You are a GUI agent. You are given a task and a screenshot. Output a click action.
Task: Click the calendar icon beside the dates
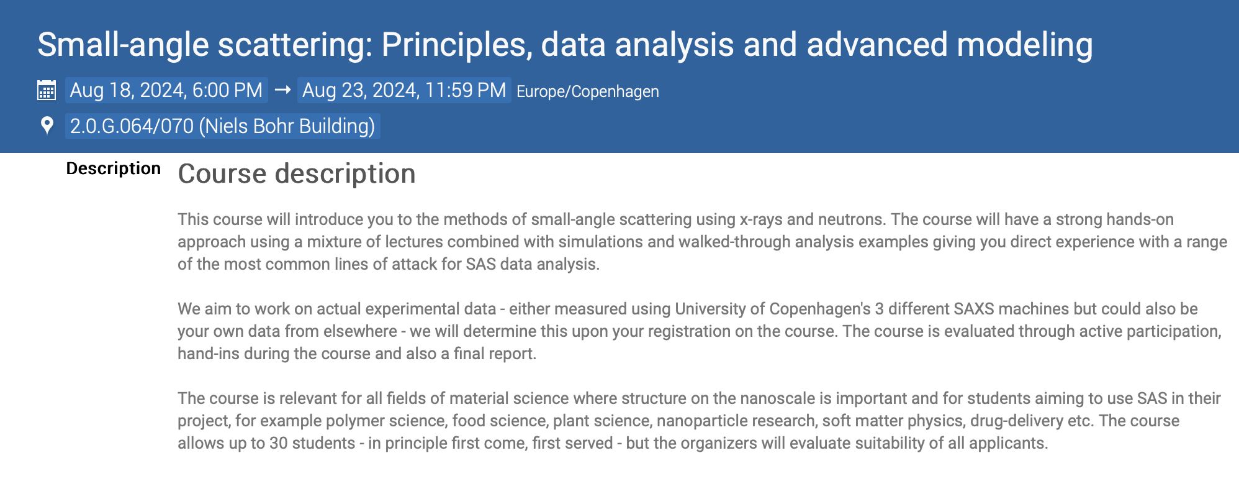(47, 90)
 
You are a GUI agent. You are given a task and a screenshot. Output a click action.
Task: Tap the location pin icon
(47, 126)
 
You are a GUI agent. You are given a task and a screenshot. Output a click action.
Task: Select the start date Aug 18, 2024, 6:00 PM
(166, 90)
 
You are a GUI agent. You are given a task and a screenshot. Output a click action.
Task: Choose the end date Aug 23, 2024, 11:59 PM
(404, 90)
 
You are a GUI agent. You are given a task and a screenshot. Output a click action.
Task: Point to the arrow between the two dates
(283, 90)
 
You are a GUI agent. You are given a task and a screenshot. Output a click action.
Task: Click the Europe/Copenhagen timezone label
(588, 91)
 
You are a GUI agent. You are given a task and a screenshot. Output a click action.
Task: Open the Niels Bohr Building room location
(223, 126)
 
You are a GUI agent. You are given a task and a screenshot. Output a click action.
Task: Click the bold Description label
(114, 168)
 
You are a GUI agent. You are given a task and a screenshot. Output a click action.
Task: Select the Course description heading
(297, 173)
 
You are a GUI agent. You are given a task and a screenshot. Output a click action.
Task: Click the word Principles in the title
(457, 45)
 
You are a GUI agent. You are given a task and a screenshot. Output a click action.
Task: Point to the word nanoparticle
(697, 421)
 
